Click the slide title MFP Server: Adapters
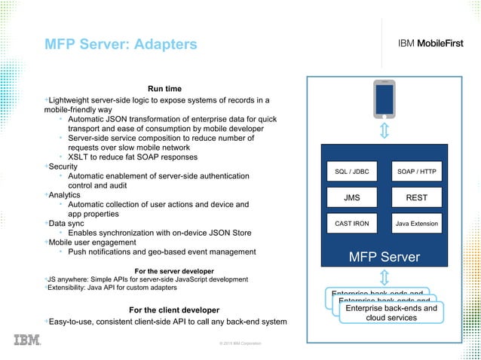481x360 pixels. pyautogui.click(x=121, y=44)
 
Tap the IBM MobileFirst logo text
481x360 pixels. pyautogui.click(x=433, y=43)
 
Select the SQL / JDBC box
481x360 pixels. pyautogui.click(x=351, y=173)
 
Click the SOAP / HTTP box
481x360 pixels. pyautogui.click(x=417, y=173)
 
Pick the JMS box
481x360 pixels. pyautogui.click(x=351, y=199)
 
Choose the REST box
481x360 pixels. pyautogui.click(x=417, y=199)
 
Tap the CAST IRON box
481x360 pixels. pyautogui.click(x=351, y=224)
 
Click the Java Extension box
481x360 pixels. pyautogui.click(x=417, y=224)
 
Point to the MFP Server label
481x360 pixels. pyautogui.click(x=384, y=258)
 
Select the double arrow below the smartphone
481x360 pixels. pyautogui.click(x=384, y=132)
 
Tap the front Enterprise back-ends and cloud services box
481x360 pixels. pyautogui.click(x=391, y=313)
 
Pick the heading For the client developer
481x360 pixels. pyautogui.click(x=174, y=310)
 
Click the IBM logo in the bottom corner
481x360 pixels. pyautogui.click(x=27, y=340)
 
